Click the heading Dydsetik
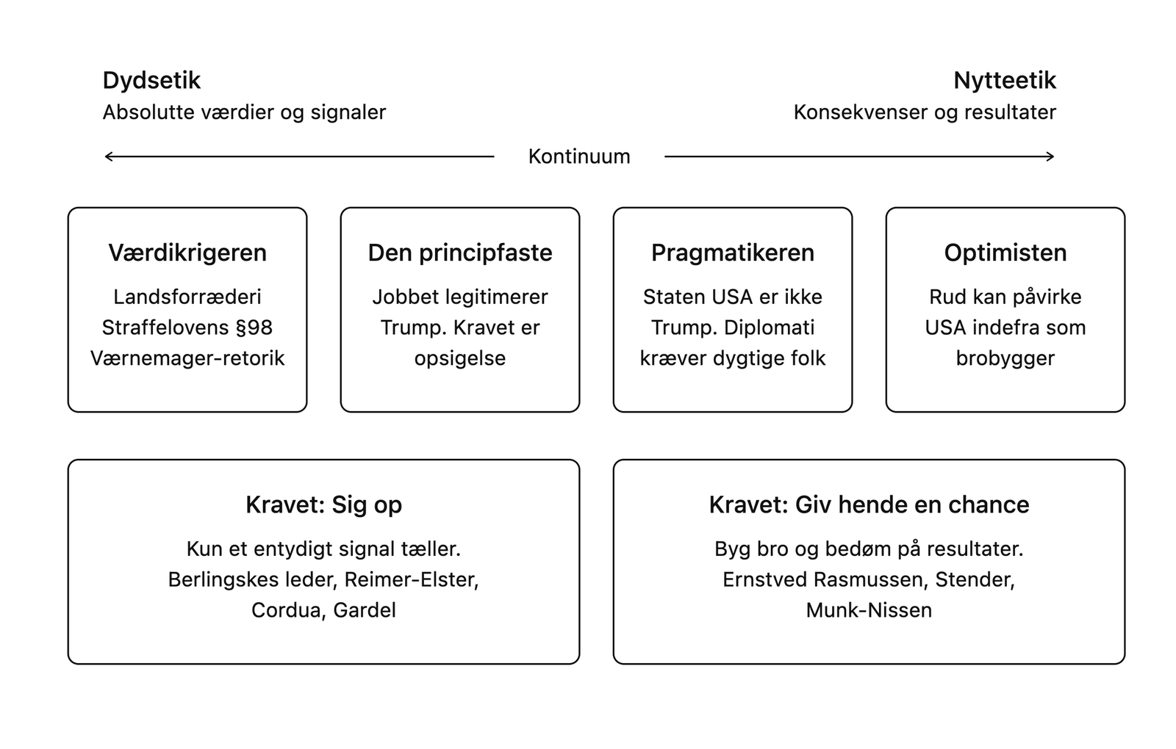151,81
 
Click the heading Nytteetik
1004,81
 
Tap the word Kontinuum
579,156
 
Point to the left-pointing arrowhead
108,156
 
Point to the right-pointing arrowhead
1050,156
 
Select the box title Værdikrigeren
187,253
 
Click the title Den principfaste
460,253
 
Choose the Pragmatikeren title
733,253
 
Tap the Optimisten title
1005,253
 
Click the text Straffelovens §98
187,328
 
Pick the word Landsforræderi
187,297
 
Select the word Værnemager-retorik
187,358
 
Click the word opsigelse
460,359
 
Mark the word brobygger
1005,359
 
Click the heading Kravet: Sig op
324,505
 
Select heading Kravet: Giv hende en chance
869,504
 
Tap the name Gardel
365,610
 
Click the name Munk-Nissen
869,610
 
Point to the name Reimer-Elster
412,580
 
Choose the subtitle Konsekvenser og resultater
925,112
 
